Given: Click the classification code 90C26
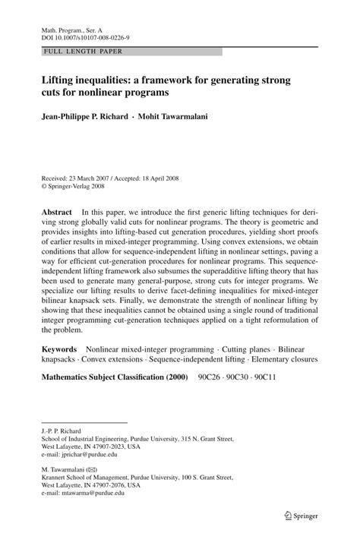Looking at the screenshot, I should tap(210, 376).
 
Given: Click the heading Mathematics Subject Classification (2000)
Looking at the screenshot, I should tap(114, 376).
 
